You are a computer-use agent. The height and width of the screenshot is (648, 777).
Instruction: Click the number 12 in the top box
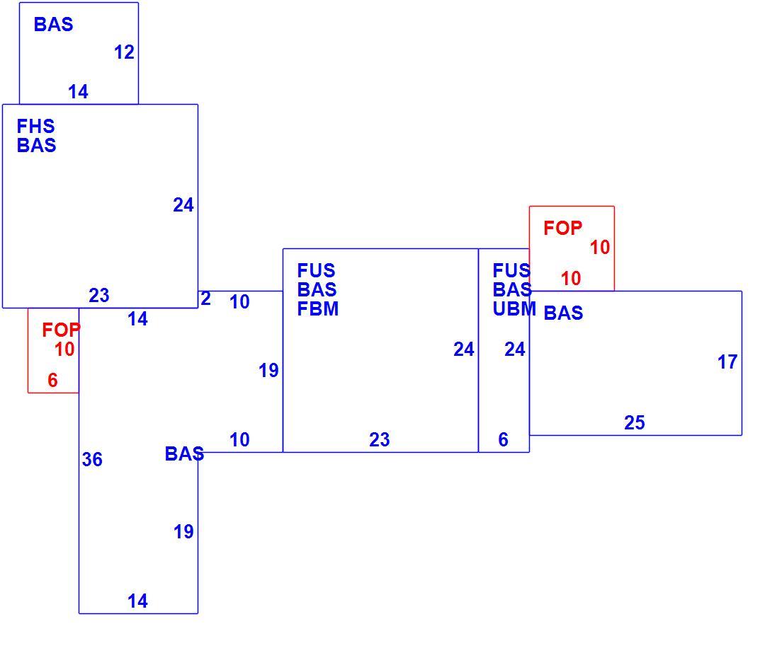(x=124, y=52)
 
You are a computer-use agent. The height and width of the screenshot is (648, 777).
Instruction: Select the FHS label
(x=35, y=126)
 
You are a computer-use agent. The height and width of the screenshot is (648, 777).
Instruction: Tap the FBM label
(x=317, y=309)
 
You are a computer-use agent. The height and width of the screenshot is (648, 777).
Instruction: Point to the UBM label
(x=514, y=309)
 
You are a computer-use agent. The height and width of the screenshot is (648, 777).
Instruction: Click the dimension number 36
(x=92, y=459)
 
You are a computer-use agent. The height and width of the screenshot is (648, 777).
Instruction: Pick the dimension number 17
(x=727, y=362)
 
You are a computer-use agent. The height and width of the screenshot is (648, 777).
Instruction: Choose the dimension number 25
(x=635, y=423)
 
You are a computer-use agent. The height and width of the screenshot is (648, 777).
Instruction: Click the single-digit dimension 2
(x=205, y=299)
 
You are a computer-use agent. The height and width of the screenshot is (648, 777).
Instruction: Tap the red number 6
(x=52, y=380)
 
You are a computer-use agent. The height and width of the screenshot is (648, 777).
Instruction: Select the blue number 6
(x=503, y=439)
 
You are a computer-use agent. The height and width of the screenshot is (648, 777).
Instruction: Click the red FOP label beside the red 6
(x=61, y=330)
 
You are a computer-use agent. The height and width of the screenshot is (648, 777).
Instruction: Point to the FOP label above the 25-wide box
(x=562, y=228)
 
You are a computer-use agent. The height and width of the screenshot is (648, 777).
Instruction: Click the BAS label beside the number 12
(x=54, y=24)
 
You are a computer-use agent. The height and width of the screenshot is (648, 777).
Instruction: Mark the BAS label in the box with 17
(x=563, y=313)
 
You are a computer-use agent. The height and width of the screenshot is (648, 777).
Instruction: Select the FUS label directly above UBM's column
(x=511, y=271)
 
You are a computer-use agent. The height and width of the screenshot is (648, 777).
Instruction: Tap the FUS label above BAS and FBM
(x=316, y=271)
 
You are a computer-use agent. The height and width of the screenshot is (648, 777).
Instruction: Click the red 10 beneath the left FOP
(x=64, y=349)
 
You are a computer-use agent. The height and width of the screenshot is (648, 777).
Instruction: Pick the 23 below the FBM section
(x=380, y=439)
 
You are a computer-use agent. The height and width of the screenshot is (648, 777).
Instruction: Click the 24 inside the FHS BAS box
(x=183, y=205)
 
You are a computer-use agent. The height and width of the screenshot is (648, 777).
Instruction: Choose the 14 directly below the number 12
(x=78, y=91)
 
